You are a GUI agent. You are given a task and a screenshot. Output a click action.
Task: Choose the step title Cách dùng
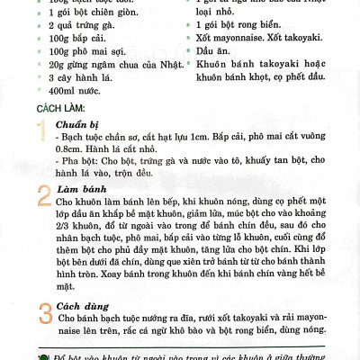click(81, 305)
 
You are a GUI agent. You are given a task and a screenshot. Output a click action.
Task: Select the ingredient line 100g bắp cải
click(79, 42)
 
